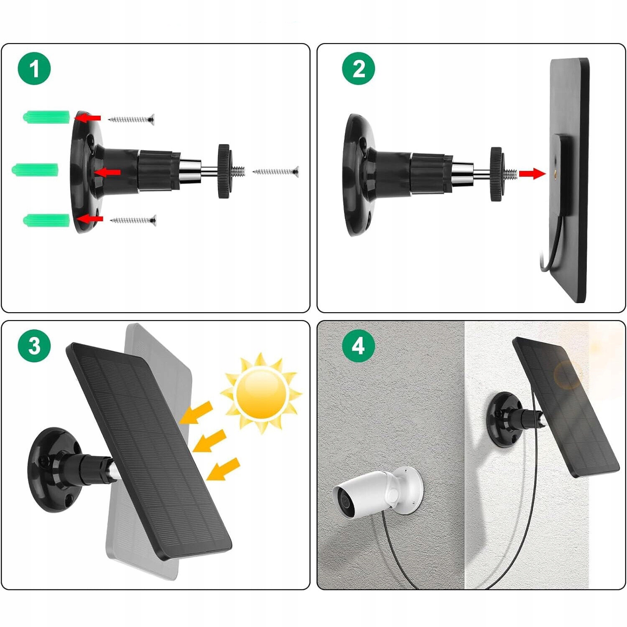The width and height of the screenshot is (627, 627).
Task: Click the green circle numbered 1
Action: (34, 69)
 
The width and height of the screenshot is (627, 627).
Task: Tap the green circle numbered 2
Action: (359, 69)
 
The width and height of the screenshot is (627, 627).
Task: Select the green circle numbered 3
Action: (34, 346)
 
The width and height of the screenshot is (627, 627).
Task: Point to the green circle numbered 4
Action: (359, 346)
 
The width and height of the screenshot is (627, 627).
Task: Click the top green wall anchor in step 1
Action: (46, 117)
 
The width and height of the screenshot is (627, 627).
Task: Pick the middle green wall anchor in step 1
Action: (35, 170)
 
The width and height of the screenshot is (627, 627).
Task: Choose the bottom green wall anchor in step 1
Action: (46, 220)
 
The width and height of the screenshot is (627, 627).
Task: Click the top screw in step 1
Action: (131, 120)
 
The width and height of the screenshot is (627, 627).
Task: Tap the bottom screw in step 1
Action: (133, 220)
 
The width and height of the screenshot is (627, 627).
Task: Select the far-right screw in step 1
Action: (276, 171)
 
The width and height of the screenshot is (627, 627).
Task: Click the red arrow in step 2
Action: (532, 173)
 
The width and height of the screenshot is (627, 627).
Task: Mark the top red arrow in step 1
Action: (89, 118)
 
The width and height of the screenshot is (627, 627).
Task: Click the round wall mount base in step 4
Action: (504, 420)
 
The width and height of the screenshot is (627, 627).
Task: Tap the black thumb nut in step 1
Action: (224, 171)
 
